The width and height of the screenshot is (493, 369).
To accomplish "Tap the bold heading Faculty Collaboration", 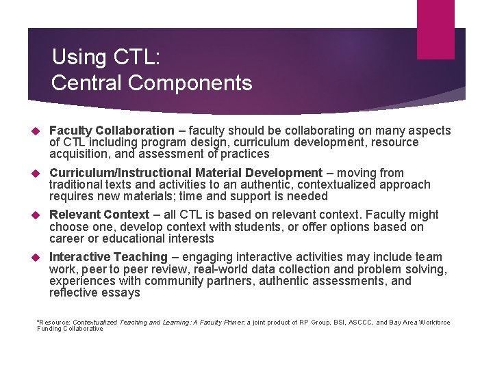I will click(112, 131).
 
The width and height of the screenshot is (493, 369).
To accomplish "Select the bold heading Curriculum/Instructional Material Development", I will click(186, 173).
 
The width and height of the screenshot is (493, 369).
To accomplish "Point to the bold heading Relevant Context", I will click(99, 215).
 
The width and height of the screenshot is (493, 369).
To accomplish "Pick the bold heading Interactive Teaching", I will click(108, 257).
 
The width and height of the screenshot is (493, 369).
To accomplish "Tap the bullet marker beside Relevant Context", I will click(38, 215).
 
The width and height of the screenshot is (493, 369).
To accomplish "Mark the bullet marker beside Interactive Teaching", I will click(38, 258).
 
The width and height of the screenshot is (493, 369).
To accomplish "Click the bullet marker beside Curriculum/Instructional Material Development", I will click(38, 174).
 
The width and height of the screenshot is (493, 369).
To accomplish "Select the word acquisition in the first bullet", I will click(77, 154).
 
